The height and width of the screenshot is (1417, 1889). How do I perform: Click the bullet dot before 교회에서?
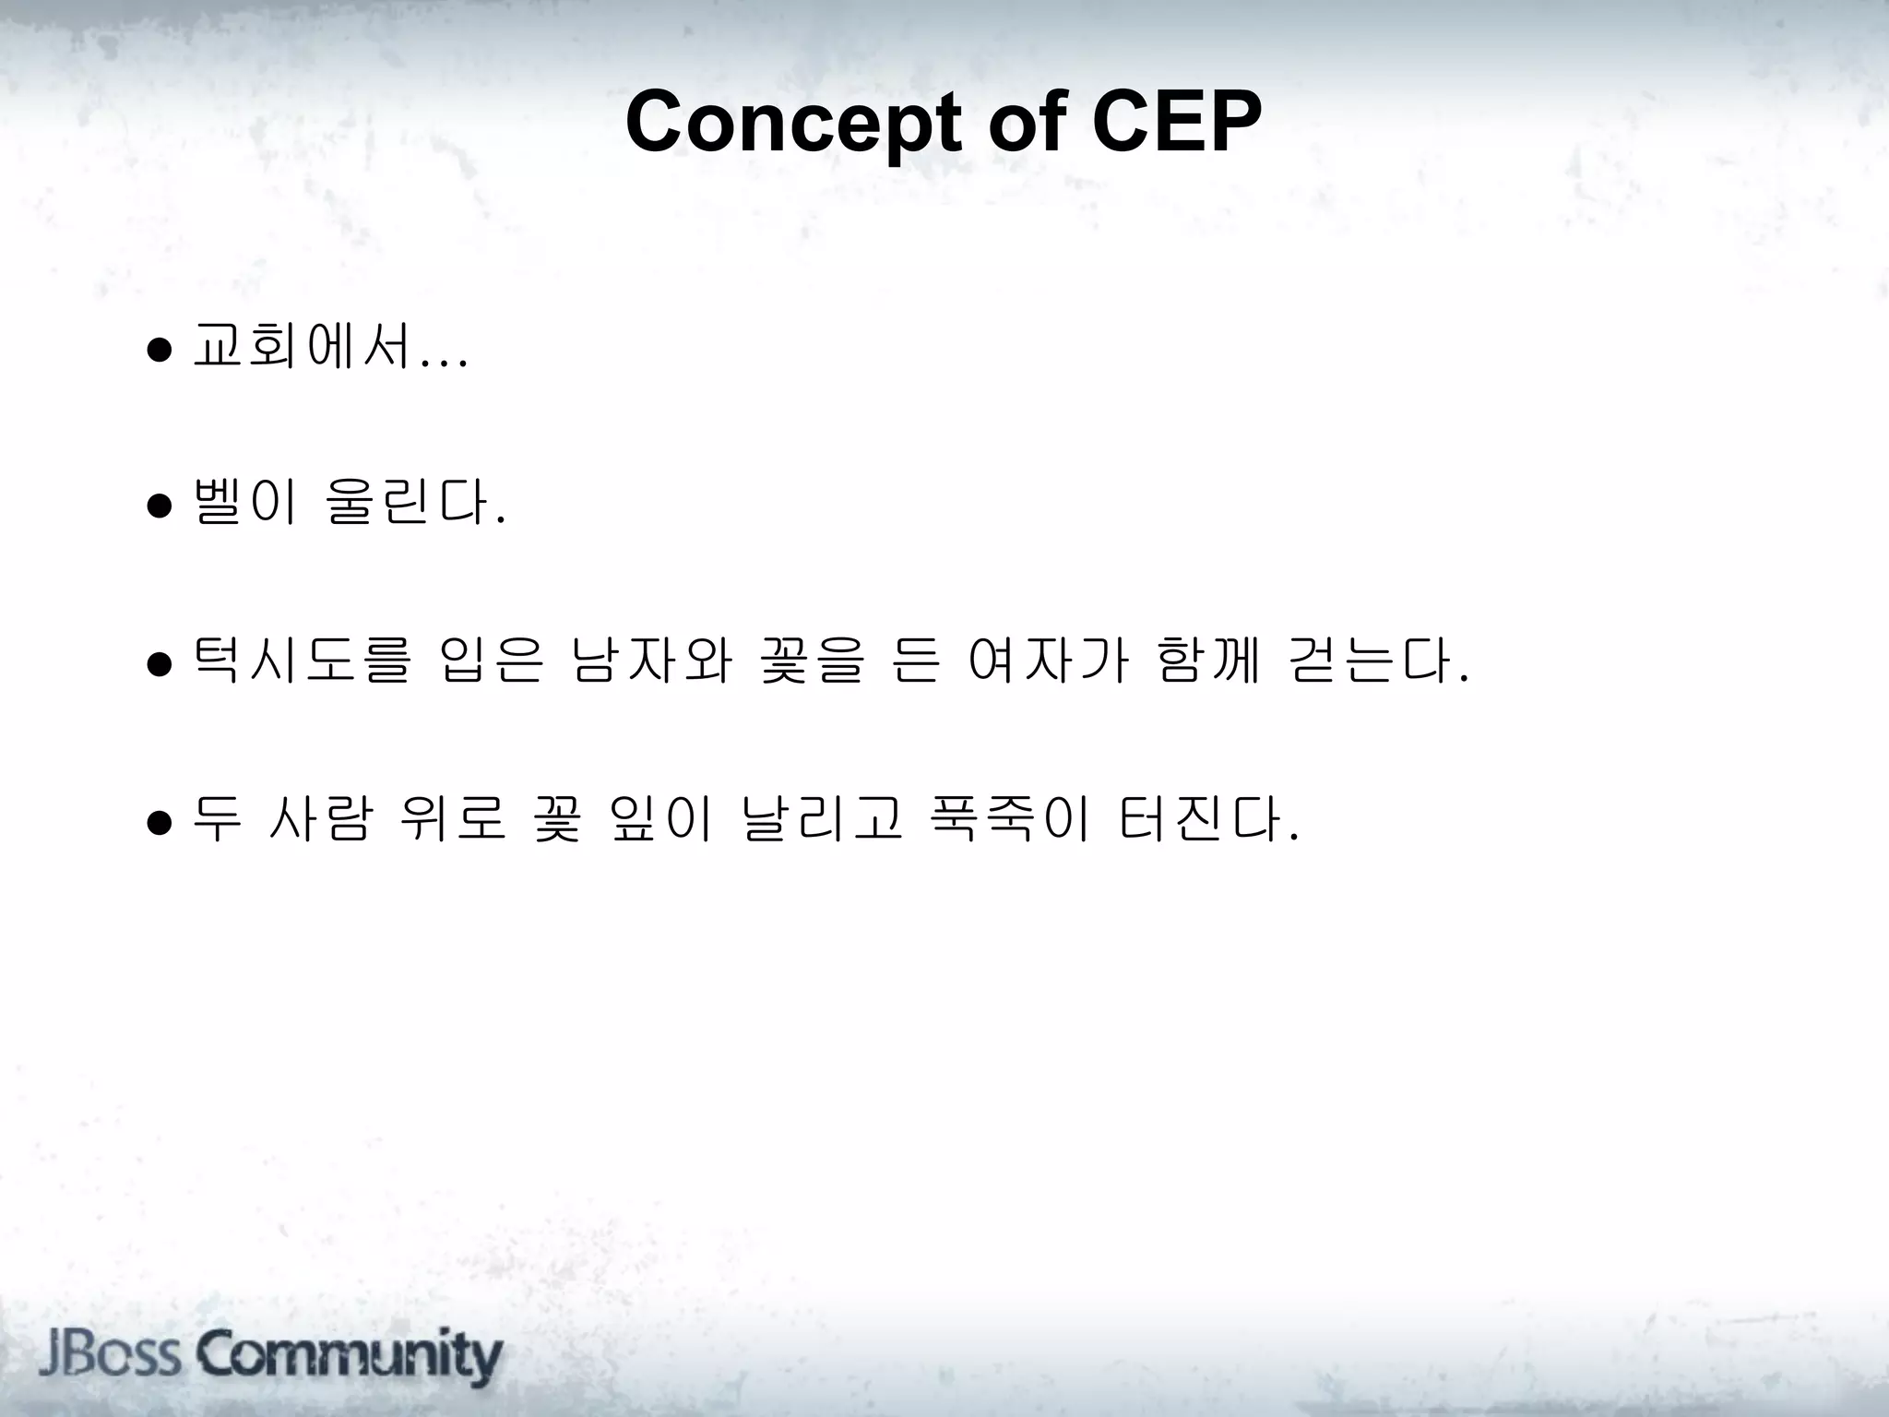159,351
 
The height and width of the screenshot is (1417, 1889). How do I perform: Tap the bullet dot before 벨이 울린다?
159,506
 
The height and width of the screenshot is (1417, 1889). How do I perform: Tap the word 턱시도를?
301,661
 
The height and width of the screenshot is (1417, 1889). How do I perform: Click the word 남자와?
651,661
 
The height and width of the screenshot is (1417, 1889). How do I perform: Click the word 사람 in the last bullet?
319,817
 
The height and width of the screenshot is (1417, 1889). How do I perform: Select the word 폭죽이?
1011,817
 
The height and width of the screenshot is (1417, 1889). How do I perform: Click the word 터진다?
1199,817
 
